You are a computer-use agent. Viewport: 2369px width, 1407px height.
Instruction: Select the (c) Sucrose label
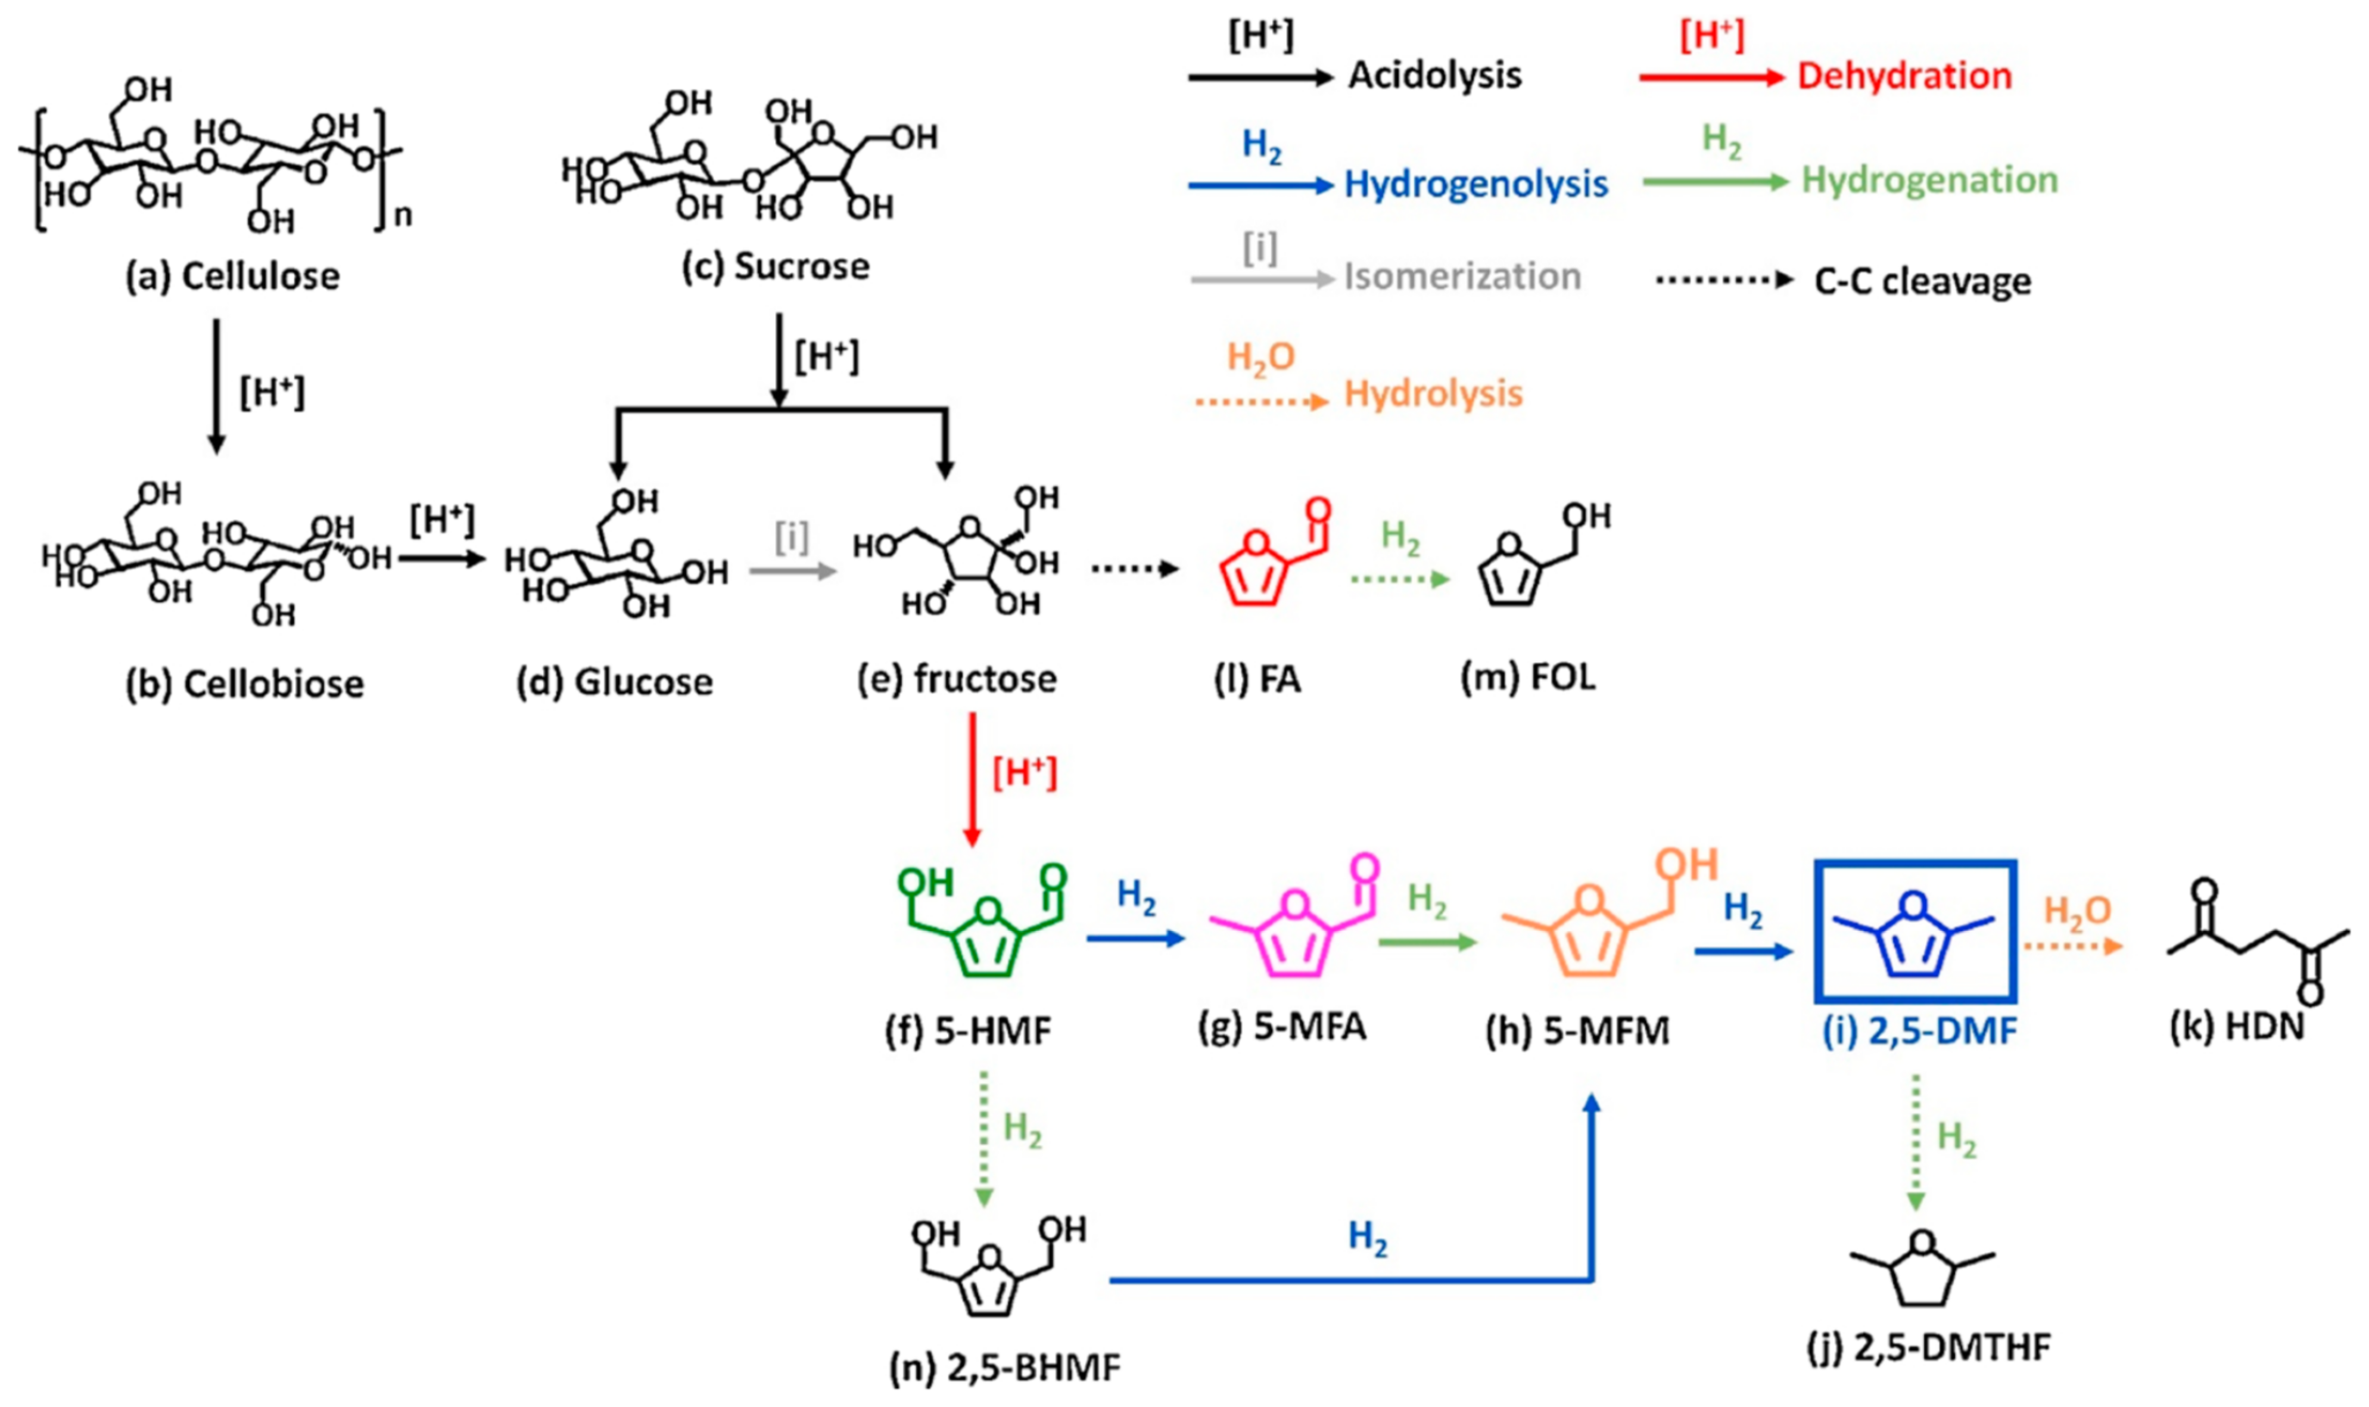[x=775, y=266]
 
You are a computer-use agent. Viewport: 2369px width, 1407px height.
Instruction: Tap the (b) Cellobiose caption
[x=244, y=682]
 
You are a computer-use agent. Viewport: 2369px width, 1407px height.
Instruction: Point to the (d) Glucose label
[x=614, y=681]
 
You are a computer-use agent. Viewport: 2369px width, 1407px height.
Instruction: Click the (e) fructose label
[x=957, y=679]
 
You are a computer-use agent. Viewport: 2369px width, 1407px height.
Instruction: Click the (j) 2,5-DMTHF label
[x=1928, y=1346]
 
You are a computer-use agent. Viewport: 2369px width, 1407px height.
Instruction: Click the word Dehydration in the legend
[x=1905, y=76]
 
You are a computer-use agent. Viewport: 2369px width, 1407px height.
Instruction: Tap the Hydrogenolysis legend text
[x=1476, y=184]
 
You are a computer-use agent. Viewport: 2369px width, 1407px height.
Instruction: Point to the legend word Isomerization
[x=1463, y=277]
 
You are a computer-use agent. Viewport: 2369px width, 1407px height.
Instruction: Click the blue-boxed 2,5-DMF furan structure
[x=1914, y=931]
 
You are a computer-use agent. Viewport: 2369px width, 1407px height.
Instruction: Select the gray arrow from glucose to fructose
[x=793, y=571]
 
